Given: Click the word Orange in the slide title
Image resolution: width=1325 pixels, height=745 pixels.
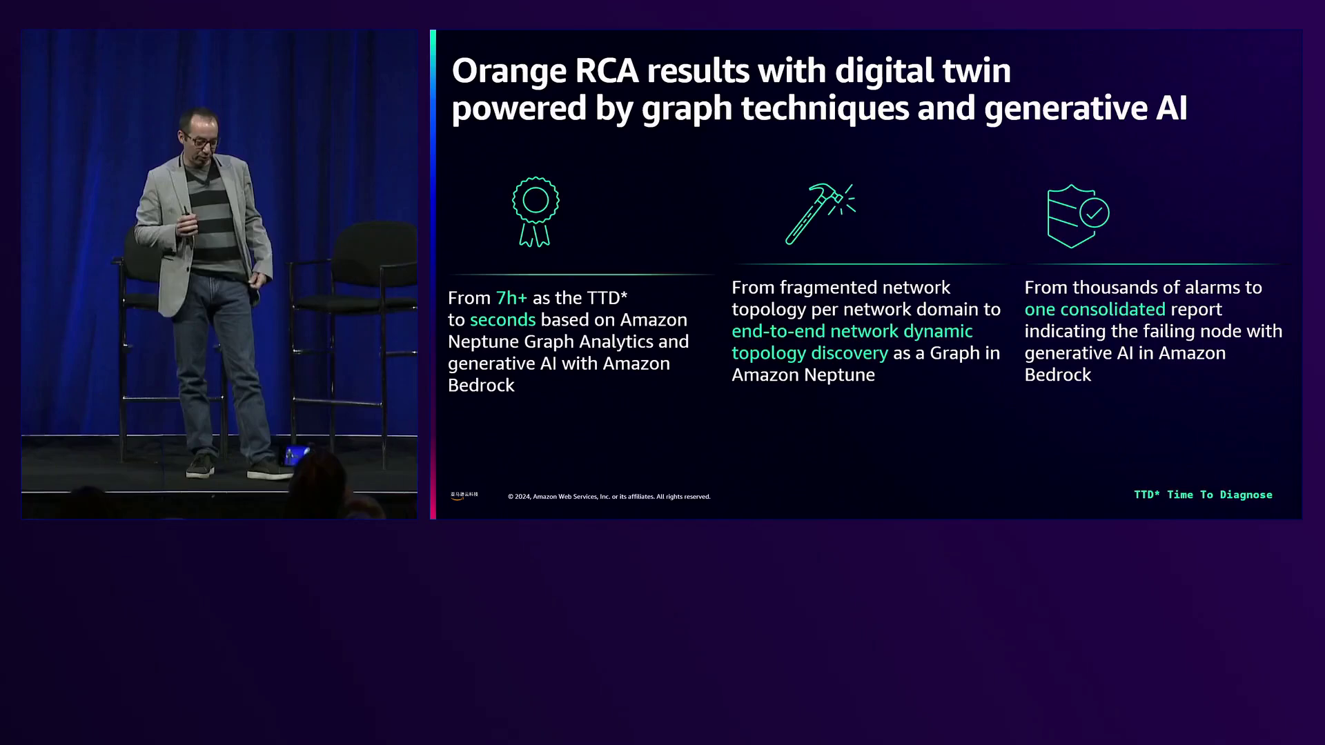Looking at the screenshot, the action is (509, 72).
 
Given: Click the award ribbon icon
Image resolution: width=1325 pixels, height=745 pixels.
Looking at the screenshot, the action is (536, 212).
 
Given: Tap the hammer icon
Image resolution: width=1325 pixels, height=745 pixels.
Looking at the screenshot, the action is (820, 214).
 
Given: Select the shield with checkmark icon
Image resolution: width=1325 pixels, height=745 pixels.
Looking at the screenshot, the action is (1078, 216).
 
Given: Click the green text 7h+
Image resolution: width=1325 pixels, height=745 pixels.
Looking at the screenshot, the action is (511, 298).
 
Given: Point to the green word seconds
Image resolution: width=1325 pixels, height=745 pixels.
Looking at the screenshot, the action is (502, 320).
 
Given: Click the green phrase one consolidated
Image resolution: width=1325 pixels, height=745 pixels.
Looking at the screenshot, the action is (1095, 310).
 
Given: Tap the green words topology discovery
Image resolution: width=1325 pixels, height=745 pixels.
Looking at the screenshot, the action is (809, 353).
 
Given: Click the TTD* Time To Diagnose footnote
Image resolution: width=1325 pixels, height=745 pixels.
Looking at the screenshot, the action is (1203, 495).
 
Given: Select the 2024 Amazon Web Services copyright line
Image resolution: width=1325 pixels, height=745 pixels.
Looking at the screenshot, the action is (609, 497).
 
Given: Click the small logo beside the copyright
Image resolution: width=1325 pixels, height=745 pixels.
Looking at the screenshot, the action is (464, 495).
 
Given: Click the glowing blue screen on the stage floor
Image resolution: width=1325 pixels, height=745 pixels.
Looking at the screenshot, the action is (297, 455).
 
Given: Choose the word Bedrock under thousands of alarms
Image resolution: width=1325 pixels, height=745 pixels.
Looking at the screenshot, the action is (1058, 375).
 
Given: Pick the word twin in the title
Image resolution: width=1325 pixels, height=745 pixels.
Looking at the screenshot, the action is (975, 71).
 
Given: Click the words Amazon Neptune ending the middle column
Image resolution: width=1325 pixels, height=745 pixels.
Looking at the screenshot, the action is (803, 375).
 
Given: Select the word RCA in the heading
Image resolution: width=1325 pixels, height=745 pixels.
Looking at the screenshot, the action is (607, 72).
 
